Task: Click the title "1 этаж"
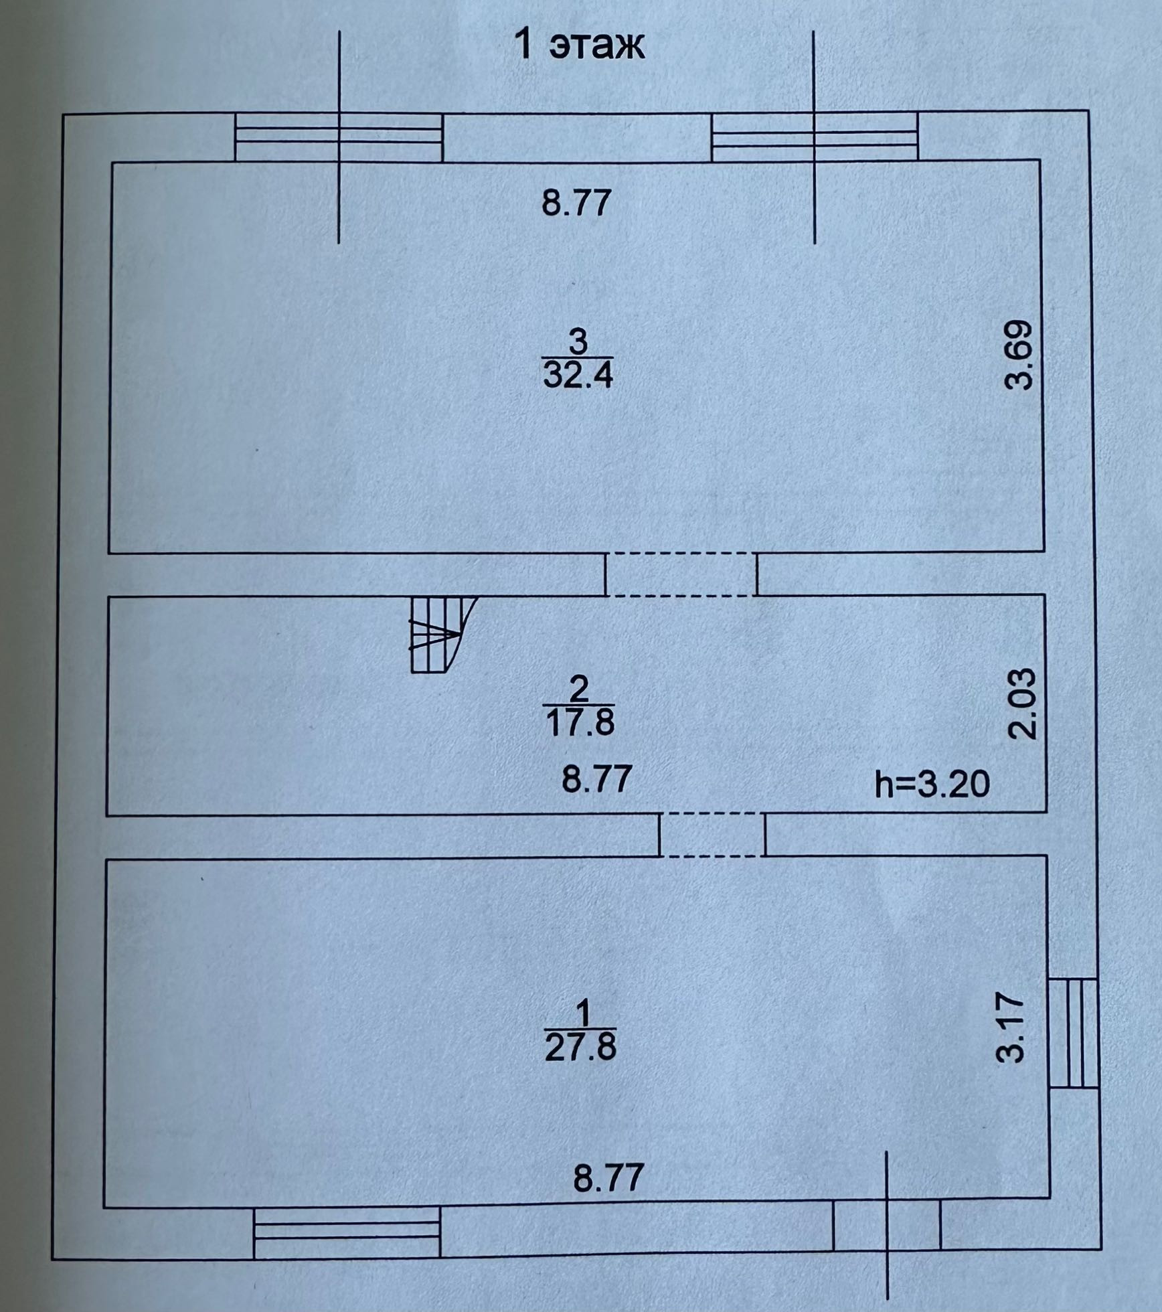[x=579, y=46]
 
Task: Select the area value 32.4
[x=578, y=376]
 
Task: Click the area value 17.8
[x=580, y=724]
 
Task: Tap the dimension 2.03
[x=1022, y=702]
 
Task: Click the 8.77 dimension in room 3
[x=576, y=203]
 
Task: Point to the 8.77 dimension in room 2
[x=596, y=779]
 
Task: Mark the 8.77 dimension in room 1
[x=608, y=1196]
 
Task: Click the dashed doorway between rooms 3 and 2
[x=681, y=574]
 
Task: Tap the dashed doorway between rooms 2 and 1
[x=712, y=835]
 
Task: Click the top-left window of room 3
[x=339, y=137]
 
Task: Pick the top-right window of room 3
[x=814, y=137]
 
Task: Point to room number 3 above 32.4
[x=577, y=342]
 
